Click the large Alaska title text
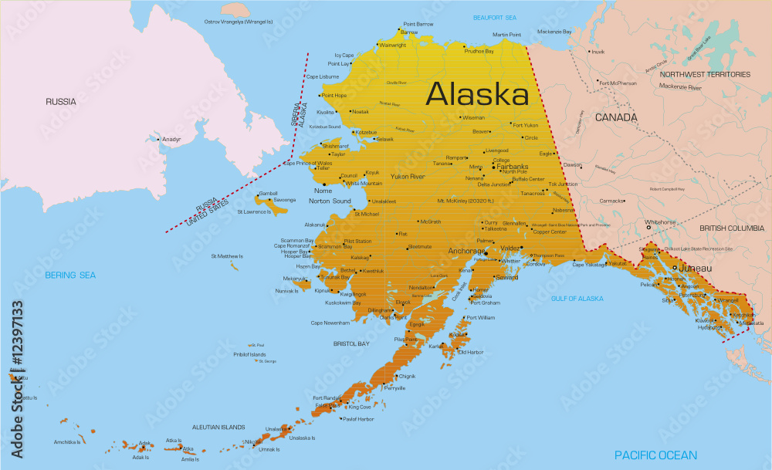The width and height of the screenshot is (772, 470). pyautogui.click(x=477, y=94)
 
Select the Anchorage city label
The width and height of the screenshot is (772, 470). pyautogui.click(x=466, y=251)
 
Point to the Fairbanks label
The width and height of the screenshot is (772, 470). pyautogui.click(x=512, y=166)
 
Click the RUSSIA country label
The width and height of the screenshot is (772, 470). pyautogui.click(x=60, y=101)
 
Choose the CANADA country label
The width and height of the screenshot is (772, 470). pyautogui.click(x=615, y=117)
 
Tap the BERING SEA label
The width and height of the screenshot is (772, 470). pyautogui.click(x=70, y=275)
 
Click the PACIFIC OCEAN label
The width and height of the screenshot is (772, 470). pyautogui.click(x=655, y=455)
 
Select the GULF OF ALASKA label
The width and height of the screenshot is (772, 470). pyautogui.click(x=577, y=298)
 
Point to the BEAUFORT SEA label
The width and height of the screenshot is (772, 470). pyautogui.click(x=495, y=17)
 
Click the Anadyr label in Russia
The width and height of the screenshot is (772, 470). pyautogui.click(x=171, y=140)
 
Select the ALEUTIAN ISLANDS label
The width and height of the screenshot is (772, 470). pyautogui.click(x=218, y=427)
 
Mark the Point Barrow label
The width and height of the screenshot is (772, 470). pyautogui.click(x=418, y=24)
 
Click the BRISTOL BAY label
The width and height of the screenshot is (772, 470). pyautogui.click(x=350, y=342)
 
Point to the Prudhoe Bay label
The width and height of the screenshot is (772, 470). pyautogui.click(x=479, y=51)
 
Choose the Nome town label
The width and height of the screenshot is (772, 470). pyautogui.click(x=322, y=190)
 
